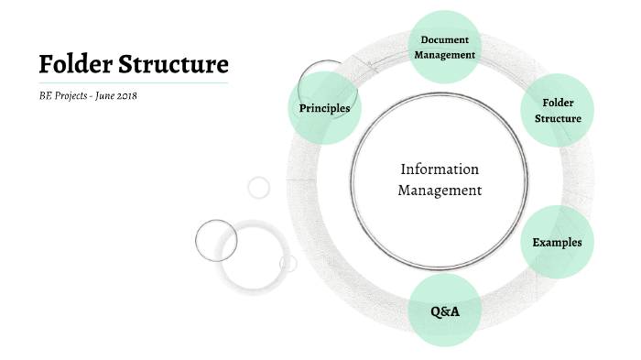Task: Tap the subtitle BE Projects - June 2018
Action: tap(88, 95)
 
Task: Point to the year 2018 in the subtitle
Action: tap(125, 95)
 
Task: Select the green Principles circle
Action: tap(324, 108)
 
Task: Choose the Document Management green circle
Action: tap(444, 47)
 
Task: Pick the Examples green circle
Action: tap(557, 242)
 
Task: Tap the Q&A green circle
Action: tap(444, 311)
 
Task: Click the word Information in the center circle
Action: tap(440, 169)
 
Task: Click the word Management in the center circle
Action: tap(440, 191)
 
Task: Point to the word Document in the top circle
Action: tap(444, 39)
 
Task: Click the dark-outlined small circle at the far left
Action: tap(217, 240)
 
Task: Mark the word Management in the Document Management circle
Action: tap(444, 55)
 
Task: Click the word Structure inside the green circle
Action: tap(558, 119)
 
